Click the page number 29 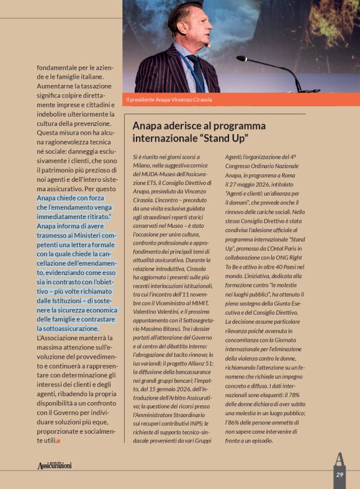pos(340,474)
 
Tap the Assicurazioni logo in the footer pos(55,465)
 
